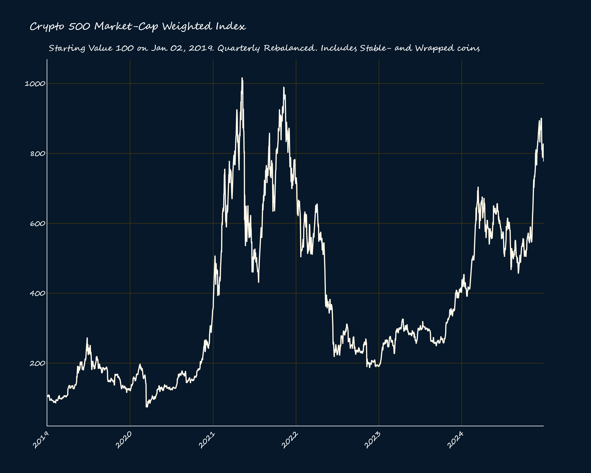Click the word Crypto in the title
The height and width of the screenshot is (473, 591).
point(47,27)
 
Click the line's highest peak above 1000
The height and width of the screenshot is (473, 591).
point(242,78)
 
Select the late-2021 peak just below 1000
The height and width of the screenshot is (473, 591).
point(284,88)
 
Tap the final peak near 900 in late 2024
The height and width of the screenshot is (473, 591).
point(541,118)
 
